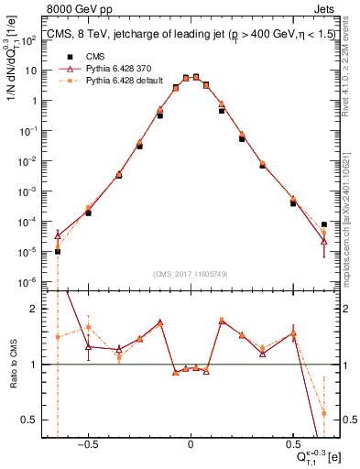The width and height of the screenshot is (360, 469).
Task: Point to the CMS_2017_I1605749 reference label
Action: click(191, 274)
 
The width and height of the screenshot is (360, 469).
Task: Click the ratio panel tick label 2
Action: click(40, 309)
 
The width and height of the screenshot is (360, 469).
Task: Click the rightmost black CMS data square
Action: click(324, 224)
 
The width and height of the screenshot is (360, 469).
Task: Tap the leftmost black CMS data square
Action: click(57, 251)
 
